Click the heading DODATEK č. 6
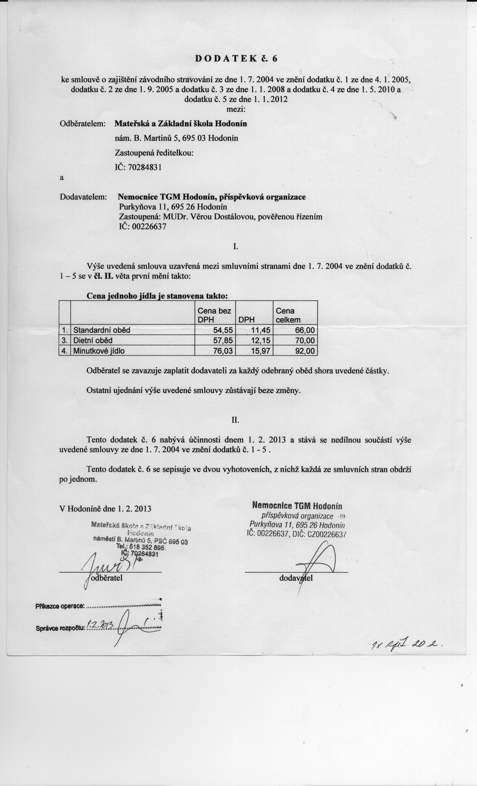click(236, 58)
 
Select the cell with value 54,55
click(223, 330)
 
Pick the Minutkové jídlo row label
click(99, 351)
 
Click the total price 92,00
click(305, 351)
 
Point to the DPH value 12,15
click(261, 341)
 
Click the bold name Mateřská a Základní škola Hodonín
click(181, 124)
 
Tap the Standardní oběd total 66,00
click(305, 330)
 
